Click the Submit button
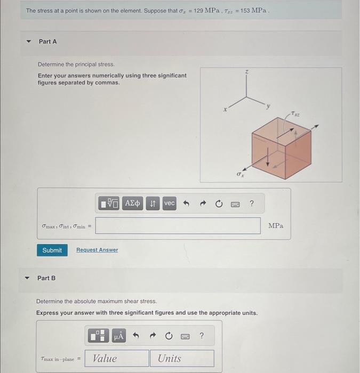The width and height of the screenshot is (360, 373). pyautogui.click(x=52, y=250)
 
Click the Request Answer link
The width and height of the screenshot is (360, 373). pyautogui.click(x=97, y=250)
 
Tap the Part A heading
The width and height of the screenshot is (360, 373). pyautogui.click(x=47, y=42)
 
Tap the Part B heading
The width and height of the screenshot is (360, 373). pyautogui.click(x=46, y=278)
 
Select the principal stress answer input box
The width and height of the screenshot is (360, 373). pyautogui.click(x=178, y=226)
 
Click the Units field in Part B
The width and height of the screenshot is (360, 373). pyautogui.click(x=182, y=359)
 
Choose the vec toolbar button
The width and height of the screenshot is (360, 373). pyautogui.click(x=169, y=204)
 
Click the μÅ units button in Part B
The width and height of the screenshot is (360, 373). pyautogui.click(x=118, y=336)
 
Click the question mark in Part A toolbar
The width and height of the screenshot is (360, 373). pyautogui.click(x=252, y=204)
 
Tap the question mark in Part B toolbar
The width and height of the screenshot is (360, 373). pyautogui.click(x=201, y=336)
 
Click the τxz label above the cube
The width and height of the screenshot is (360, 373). pyautogui.click(x=296, y=114)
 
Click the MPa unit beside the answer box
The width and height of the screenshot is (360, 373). pyautogui.click(x=276, y=226)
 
